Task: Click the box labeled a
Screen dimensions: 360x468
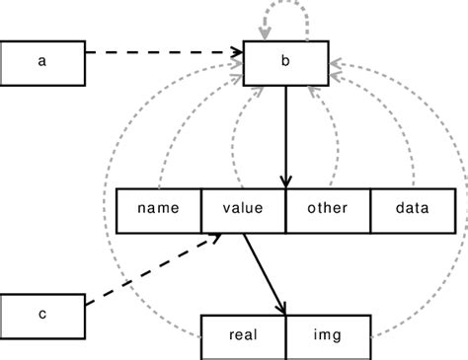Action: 42,61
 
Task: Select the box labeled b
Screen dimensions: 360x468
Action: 285,61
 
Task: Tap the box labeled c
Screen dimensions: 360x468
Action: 42,314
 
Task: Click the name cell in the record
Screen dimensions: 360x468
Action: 158,209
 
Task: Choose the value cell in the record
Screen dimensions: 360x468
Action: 243,209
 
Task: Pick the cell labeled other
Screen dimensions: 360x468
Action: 328,209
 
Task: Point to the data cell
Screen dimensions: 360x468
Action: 412,209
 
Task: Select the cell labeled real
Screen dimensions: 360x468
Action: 243,335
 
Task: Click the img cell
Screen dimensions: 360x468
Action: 328,335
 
